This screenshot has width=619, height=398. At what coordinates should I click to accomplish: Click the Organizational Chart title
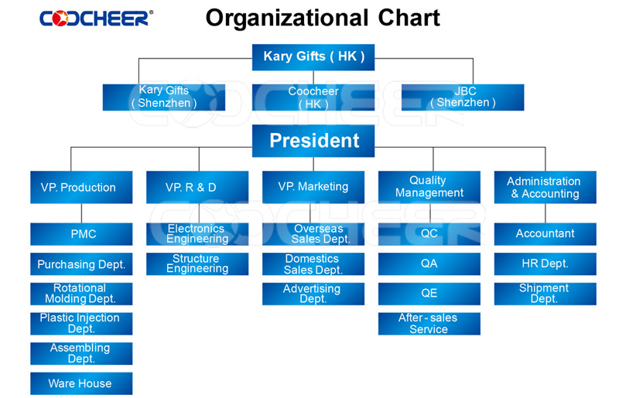coord(323,18)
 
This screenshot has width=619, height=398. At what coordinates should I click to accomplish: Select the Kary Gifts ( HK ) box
coord(313,57)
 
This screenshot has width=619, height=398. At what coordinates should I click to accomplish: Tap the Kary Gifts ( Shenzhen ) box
coord(164,97)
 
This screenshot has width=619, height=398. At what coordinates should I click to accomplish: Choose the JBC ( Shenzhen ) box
coord(463,97)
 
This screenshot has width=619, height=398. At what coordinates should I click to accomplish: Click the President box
coord(313,141)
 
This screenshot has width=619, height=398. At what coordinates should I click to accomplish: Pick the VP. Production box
coord(81,187)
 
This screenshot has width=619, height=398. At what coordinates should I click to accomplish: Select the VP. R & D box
coord(197,187)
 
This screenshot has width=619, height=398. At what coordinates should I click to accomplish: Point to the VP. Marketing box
coord(313,187)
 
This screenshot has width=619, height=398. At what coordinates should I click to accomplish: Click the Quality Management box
coord(429,187)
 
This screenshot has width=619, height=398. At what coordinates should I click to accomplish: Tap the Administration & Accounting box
coord(545,187)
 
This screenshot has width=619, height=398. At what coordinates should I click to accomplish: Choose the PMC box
coord(81,234)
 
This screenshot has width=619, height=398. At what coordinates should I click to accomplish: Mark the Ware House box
coord(81,383)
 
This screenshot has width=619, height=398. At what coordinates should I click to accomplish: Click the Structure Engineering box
coord(197,264)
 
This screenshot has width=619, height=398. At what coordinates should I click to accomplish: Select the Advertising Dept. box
coord(313,294)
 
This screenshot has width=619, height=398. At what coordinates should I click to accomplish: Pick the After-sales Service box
coord(429,324)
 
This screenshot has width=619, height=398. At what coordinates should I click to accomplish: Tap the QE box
coord(429,294)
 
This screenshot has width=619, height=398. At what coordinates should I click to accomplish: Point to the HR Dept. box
coord(545,264)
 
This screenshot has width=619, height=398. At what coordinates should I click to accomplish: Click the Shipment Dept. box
coord(545,294)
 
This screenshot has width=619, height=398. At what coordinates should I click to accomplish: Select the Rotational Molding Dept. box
coord(81,294)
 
